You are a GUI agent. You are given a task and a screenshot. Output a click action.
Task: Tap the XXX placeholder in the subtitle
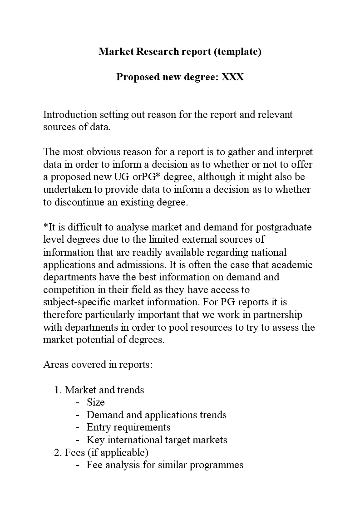pos(232,77)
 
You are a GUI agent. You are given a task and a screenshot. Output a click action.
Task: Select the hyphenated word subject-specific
pos(82,302)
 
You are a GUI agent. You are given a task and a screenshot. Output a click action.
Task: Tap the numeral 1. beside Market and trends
pos(58,390)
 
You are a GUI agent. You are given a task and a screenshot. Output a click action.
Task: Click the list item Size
pos(96,402)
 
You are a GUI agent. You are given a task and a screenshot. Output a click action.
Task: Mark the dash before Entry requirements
pos(78,427)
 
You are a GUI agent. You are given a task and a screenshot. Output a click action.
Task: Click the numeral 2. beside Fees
pos(58,452)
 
